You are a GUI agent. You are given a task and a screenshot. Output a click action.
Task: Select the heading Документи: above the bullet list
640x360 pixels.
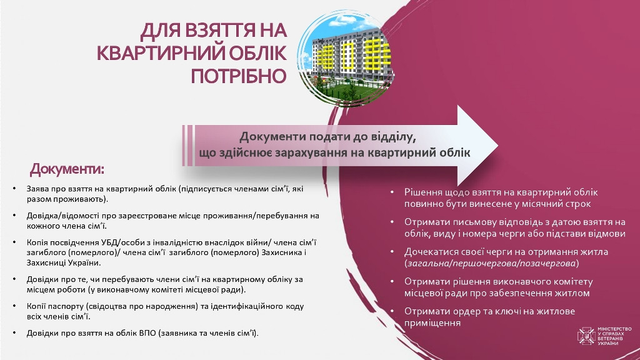coord(67,169)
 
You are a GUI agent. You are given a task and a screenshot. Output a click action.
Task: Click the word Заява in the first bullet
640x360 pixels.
coord(37,188)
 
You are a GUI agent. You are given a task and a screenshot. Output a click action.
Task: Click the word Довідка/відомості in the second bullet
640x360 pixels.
coord(60,216)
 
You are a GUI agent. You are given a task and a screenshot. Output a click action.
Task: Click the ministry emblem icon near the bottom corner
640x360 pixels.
coord(587,336)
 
